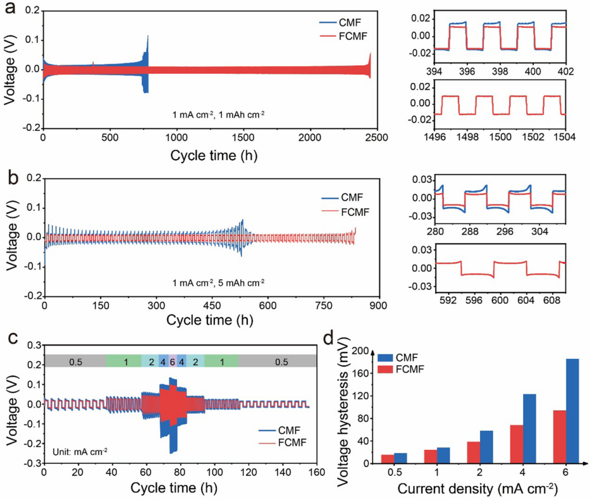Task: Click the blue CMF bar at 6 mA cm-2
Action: (x=556, y=411)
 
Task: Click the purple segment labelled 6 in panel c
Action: (x=172, y=361)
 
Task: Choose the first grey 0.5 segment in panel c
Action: (x=75, y=361)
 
